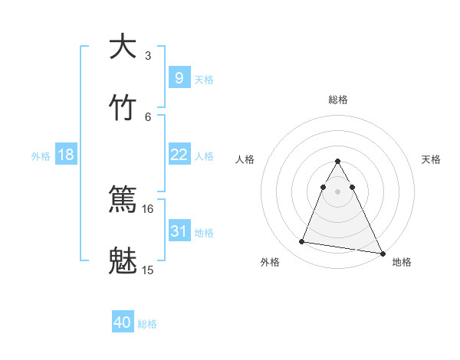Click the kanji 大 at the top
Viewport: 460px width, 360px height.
click(123, 47)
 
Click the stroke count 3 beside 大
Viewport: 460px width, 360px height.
click(148, 56)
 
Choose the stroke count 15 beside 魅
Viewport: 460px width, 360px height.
click(148, 270)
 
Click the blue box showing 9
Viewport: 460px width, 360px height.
click(179, 77)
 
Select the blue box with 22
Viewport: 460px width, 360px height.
click(179, 155)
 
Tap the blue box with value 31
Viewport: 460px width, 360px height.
click(179, 231)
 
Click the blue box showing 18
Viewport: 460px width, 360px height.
click(66, 155)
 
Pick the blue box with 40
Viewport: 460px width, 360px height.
click(123, 322)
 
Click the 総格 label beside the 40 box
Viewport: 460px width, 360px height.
click(147, 324)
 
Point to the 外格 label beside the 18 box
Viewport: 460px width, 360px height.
click(41, 156)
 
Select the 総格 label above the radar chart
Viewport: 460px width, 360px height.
click(338, 100)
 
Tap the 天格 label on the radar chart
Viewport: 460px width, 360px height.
click(431, 159)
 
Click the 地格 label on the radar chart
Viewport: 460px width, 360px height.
click(402, 262)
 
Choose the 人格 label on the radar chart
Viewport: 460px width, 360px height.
click(245, 159)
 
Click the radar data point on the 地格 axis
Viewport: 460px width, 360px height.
click(381, 254)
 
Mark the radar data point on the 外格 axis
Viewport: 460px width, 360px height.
click(302, 242)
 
